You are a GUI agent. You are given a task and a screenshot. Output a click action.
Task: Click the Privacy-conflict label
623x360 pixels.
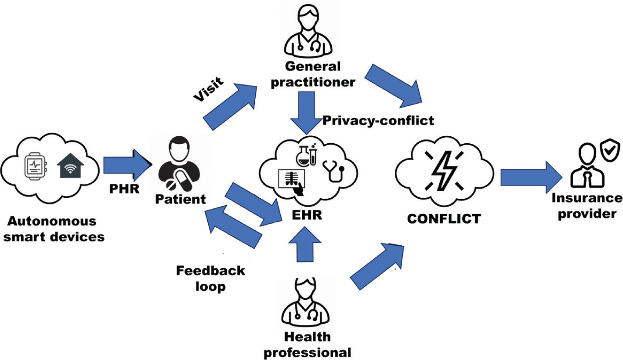click(x=378, y=120)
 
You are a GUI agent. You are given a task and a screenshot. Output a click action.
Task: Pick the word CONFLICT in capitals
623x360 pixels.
click(x=444, y=218)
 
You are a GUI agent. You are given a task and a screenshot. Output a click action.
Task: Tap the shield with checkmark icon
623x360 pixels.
click(x=610, y=152)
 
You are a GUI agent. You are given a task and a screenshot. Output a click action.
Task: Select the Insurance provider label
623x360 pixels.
click(x=587, y=206)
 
